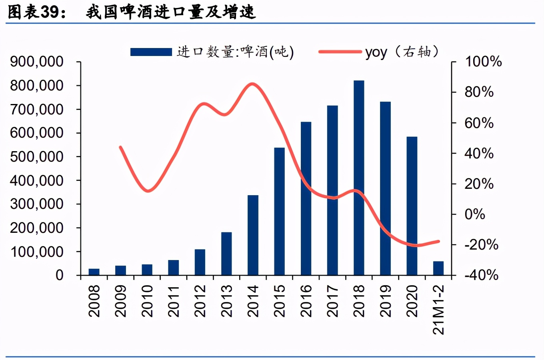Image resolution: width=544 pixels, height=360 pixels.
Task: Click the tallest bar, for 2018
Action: (x=359, y=178)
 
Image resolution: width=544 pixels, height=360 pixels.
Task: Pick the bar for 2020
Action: (x=412, y=206)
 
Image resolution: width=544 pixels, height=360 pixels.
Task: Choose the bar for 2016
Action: (x=306, y=198)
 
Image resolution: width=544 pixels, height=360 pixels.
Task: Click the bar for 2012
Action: (x=200, y=262)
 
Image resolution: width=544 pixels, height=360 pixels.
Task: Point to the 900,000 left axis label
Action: (x=37, y=62)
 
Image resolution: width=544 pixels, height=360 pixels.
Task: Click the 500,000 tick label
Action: (x=37, y=156)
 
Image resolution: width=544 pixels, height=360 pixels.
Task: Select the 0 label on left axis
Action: (x=59, y=275)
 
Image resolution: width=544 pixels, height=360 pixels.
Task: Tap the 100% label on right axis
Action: (x=483, y=62)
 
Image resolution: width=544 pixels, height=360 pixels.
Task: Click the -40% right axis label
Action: (x=481, y=275)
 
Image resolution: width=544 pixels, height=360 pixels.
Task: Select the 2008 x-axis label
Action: (x=94, y=301)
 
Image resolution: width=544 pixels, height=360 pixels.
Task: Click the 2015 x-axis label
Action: (x=280, y=301)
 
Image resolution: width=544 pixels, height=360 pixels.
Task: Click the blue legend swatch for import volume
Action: (x=151, y=52)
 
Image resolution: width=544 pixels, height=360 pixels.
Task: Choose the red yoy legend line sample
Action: (x=340, y=52)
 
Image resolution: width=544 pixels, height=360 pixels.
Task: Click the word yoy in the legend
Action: (x=376, y=52)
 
